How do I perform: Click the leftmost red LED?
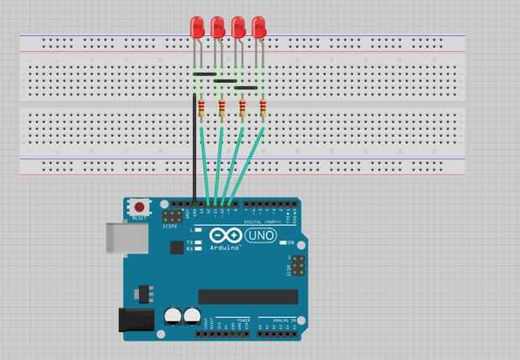click(x=198, y=28)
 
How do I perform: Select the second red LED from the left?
click(x=218, y=28)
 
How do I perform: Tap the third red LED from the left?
click(x=238, y=28)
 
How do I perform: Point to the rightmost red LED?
click(x=259, y=28)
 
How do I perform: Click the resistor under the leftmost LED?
click(x=201, y=107)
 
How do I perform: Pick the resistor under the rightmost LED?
click(x=263, y=107)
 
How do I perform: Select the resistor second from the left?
click(x=222, y=107)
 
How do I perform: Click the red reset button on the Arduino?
click(x=138, y=206)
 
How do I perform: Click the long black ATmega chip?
click(x=247, y=296)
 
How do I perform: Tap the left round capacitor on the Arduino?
click(x=173, y=316)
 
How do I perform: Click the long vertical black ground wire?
click(x=195, y=159)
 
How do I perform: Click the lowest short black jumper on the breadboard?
click(x=246, y=87)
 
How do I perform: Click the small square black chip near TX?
click(x=176, y=247)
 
